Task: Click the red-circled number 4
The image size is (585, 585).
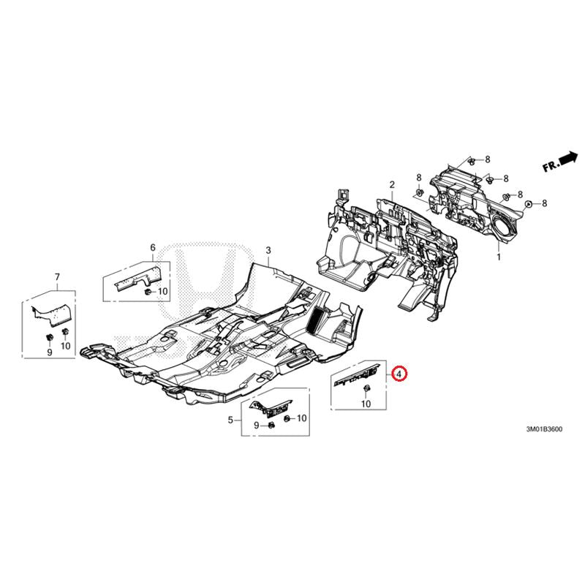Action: coord(399,374)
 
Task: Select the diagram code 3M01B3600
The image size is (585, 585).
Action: coord(544,429)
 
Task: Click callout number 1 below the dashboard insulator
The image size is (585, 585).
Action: coord(499,257)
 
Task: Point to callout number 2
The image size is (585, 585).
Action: coord(392,184)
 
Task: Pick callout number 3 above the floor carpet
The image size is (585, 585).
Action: coord(268,250)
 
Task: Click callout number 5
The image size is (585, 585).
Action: coord(230,420)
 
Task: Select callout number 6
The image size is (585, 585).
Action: coord(153,247)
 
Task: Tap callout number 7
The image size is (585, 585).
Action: coord(57,277)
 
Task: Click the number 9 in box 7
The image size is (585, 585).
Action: coord(50,352)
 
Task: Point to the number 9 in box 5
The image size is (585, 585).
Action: coord(257,425)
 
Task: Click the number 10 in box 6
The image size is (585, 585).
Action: coord(163,291)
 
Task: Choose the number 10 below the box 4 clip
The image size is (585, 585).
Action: coord(366,404)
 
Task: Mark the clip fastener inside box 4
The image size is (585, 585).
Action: coord(366,389)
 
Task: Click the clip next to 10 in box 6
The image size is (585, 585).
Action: coord(148,292)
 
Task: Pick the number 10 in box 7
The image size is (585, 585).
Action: coord(65,346)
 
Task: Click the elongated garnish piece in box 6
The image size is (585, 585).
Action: coord(137,279)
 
